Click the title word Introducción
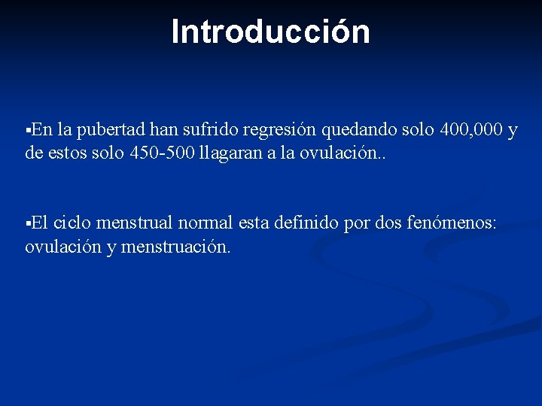coord(271,32)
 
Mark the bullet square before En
coord(28,131)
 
